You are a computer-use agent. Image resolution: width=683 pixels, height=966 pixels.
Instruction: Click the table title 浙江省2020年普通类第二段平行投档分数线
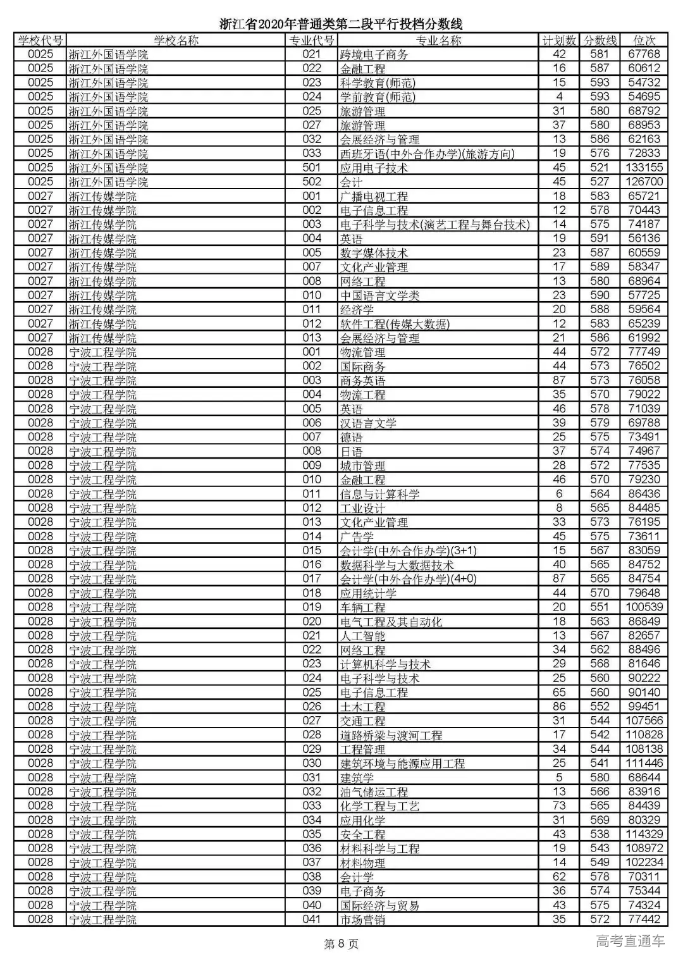click(x=341, y=24)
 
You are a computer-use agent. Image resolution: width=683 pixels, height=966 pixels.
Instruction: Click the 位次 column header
click(x=644, y=40)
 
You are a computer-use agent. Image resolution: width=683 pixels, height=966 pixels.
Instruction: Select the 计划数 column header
click(x=559, y=40)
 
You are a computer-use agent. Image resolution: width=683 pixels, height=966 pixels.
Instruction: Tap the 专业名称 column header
click(x=438, y=40)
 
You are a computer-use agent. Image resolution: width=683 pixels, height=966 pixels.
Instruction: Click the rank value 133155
click(x=644, y=168)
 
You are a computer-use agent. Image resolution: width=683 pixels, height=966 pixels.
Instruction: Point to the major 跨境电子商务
click(x=374, y=55)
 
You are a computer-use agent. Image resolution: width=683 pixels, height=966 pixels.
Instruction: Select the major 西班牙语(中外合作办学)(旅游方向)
click(x=427, y=154)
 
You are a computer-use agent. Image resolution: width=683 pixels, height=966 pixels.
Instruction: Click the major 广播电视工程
click(x=374, y=197)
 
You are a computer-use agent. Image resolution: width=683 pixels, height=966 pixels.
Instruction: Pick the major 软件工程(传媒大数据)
click(x=395, y=324)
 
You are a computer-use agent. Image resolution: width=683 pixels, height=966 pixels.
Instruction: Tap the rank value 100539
click(x=644, y=607)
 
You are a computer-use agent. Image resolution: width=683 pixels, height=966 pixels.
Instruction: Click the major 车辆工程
click(x=362, y=607)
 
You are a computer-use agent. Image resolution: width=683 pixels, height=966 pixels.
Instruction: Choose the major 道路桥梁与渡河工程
click(x=391, y=735)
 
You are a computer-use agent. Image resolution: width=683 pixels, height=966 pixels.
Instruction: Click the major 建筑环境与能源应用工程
click(x=402, y=764)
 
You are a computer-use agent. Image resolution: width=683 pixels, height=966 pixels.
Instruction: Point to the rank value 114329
click(x=644, y=834)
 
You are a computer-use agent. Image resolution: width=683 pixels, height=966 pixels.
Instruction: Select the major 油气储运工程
click(x=374, y=792)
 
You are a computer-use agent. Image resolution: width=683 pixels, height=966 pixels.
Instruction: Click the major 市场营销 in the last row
click(x=362, y=920)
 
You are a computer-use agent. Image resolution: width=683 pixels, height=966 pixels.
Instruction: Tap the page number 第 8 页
click(x=341, y=944)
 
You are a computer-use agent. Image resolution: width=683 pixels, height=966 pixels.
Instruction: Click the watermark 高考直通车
click(x=630, y=941)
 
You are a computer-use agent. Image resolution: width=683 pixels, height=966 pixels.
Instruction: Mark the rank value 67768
click(x=644, y=54)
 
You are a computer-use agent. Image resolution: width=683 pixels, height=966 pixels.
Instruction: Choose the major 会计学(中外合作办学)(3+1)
click(x=408, y=551)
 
